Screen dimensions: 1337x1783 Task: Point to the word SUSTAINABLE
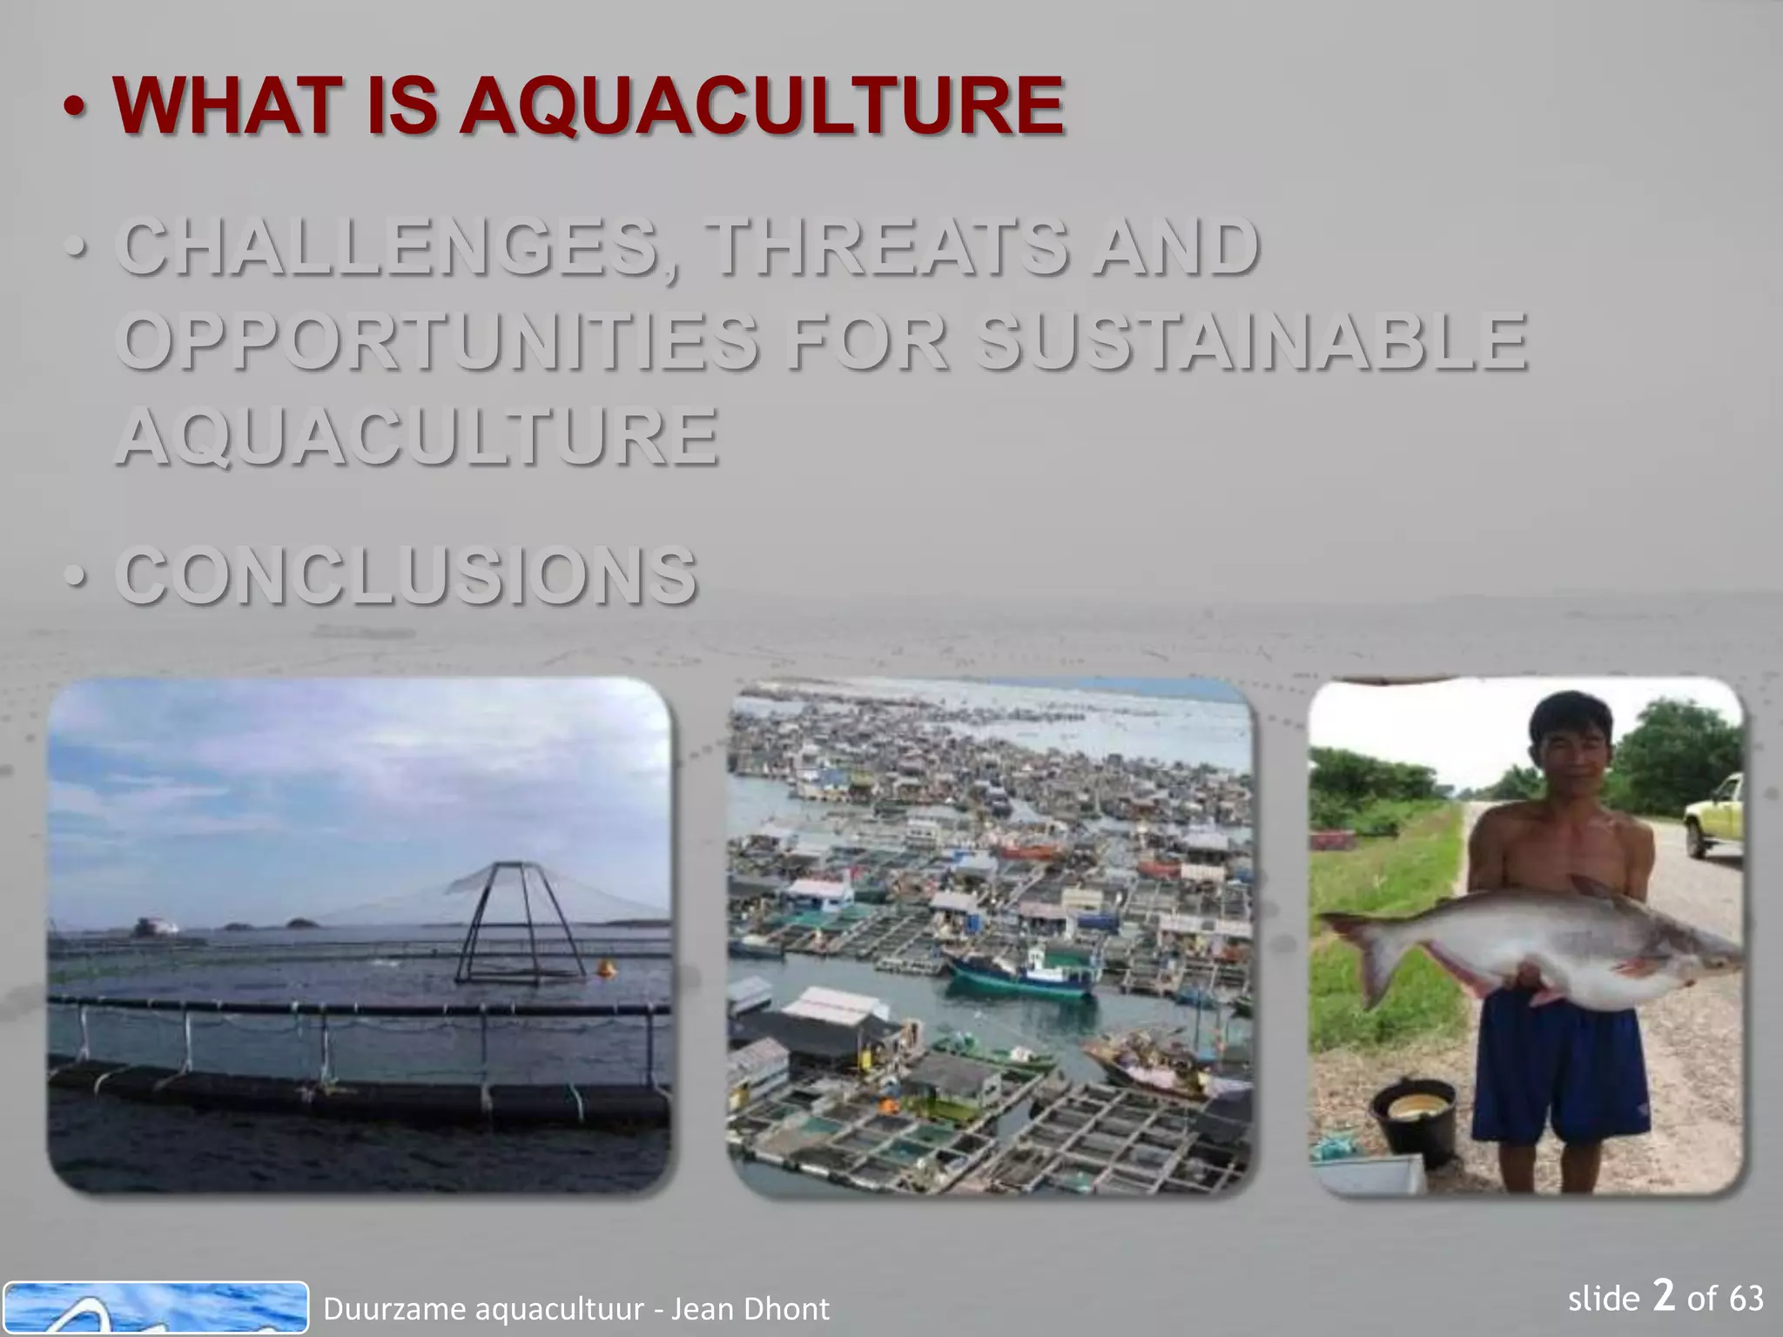[1250, 341]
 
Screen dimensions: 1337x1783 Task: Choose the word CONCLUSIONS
[406, 575]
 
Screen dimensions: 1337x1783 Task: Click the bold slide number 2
[1663, 1296]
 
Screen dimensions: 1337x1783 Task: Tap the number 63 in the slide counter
[1746, 1299]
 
